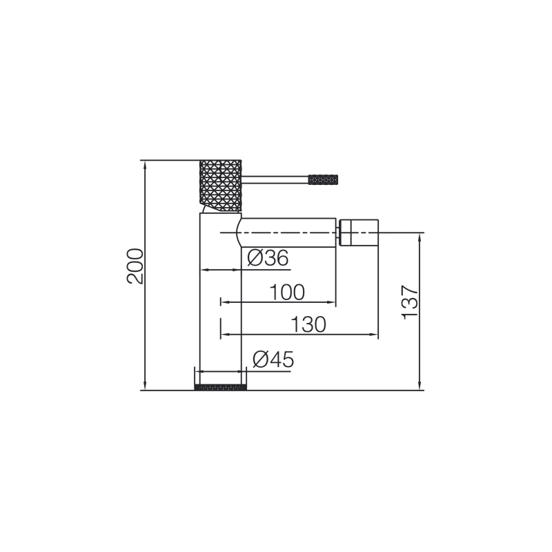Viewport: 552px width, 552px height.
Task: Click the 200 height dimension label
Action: pos(135,266)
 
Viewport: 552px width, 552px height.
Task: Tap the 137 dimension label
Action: pos(410,302)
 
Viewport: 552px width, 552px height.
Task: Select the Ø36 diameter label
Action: pos(268,258)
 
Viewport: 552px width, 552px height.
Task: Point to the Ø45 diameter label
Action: pos(273,359)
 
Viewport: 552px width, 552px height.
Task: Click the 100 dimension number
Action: pos(287,292)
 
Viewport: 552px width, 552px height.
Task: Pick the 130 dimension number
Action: pos(308,324)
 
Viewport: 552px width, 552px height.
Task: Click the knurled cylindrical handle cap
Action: pos(220,186)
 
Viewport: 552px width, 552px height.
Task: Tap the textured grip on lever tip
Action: pos(323,179)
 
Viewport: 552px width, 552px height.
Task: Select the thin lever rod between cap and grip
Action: pos(275,179)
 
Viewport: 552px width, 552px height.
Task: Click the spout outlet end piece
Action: pos(359,233)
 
